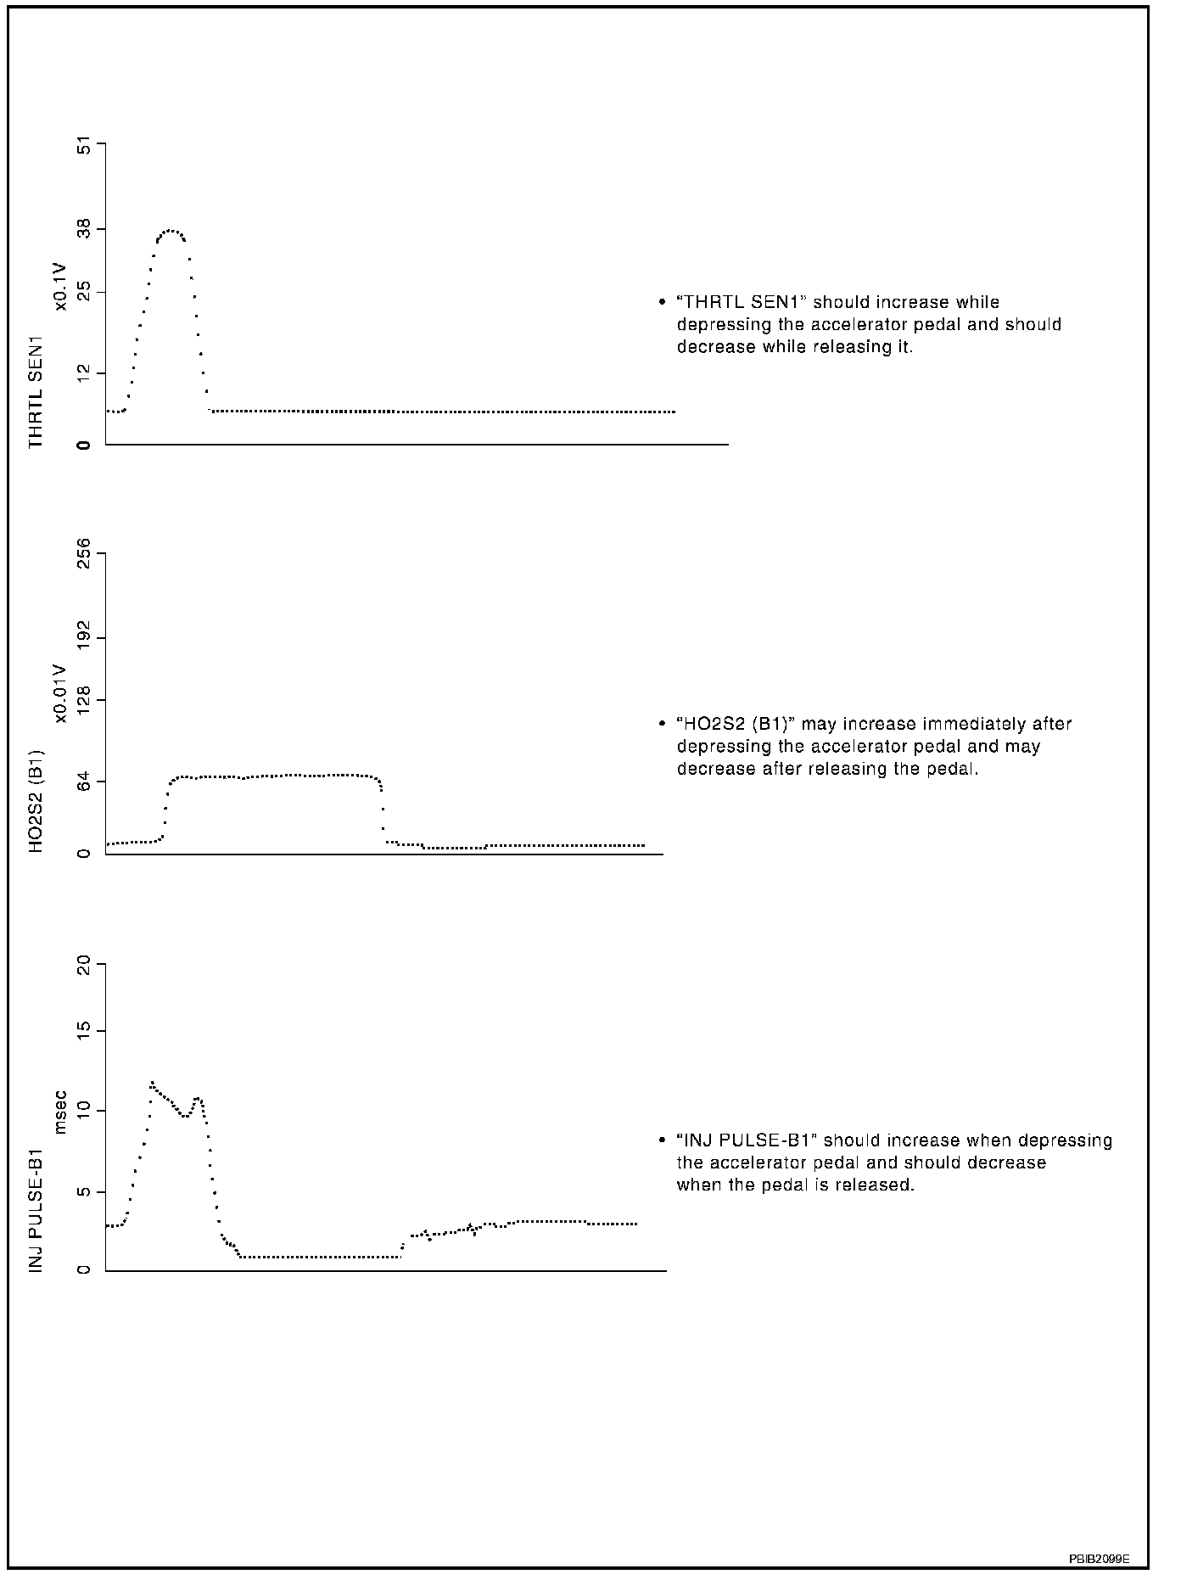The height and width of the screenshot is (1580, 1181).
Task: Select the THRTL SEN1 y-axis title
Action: click(36, 391)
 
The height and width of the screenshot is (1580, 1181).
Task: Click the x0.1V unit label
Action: click(61, 287)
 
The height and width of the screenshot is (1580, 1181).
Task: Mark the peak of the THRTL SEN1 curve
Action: click(171, 230)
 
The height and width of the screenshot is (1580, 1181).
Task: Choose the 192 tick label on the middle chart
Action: click(85, 636)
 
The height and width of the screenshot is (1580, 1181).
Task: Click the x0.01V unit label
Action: click(60, 693)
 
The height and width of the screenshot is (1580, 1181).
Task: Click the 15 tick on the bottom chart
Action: click(85, 1031)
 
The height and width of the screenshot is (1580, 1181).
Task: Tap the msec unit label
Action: click(60, 1112)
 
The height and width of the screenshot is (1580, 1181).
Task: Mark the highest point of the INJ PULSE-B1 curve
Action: click(152, 1083)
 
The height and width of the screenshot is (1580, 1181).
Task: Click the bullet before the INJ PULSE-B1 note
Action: click(662, 1141)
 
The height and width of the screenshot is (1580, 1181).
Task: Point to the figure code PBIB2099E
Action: click(1099, 1559)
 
